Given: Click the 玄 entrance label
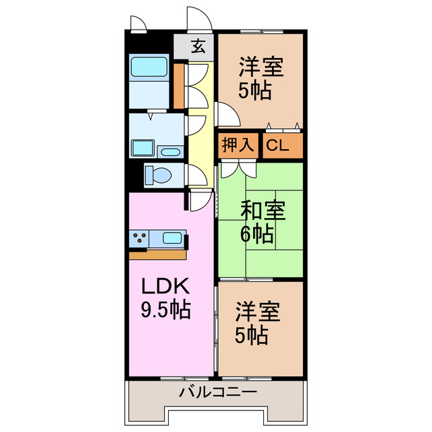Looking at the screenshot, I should click(x=198, y=47).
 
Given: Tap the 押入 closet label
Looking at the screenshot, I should click(x=238, y=145).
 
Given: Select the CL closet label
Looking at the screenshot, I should click(x=275, y=145).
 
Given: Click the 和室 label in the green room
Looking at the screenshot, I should click(x=263, y=212).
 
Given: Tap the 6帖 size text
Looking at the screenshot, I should click(x=257, y=234).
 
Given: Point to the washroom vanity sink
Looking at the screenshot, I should click(x=144, y=148).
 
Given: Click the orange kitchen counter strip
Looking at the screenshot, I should click(x=157, y=254).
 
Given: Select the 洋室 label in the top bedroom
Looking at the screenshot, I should click(x=260, y=67).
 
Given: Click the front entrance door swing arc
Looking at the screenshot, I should click(x=200, y=18).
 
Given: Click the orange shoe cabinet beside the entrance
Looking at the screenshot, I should click(x=179, y=85).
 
